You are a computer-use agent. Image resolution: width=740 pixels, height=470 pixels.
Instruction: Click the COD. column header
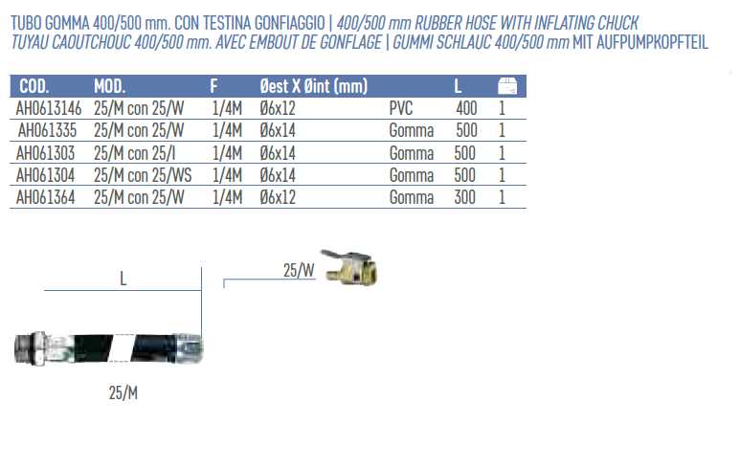tap(34, 86)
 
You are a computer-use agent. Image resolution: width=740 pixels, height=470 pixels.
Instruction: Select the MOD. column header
tap(109, 86)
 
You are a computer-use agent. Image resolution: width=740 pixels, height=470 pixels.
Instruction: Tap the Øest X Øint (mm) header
tap(313, 86)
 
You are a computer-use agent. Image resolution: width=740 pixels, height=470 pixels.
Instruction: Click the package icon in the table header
tap(507, 86)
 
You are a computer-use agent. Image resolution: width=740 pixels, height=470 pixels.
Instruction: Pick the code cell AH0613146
tap(49, 108)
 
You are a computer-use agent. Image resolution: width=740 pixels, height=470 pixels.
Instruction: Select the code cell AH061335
tap(47, 131)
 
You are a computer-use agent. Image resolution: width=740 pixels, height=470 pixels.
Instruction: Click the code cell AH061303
tap(45, 153)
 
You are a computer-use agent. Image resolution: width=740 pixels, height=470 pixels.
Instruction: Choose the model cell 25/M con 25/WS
tap(143, 175)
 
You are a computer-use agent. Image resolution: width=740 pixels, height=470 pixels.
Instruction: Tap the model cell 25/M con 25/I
tap(135, 153)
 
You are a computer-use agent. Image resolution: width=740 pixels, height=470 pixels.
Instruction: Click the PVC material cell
tap(401, 108)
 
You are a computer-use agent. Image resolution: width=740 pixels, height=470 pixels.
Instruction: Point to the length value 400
tap(466, 108)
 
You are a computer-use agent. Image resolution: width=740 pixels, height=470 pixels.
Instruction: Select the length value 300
tap(465, 197)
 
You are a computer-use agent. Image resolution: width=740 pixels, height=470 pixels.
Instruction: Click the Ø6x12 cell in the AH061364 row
tap(278, 197)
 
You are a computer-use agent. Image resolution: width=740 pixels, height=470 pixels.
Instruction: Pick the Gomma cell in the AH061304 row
tap(411, 175)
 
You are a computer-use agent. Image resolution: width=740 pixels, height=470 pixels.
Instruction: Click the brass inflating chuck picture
tap(349, 268)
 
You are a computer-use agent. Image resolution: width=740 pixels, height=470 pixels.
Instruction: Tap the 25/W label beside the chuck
tap(299, 270)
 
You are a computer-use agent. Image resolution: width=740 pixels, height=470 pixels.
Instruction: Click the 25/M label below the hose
tap(123, 392)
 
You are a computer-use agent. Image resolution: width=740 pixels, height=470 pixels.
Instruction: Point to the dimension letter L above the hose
tap(123, 279)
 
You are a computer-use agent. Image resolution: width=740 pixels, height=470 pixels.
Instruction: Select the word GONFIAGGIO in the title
tap(290, 23)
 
